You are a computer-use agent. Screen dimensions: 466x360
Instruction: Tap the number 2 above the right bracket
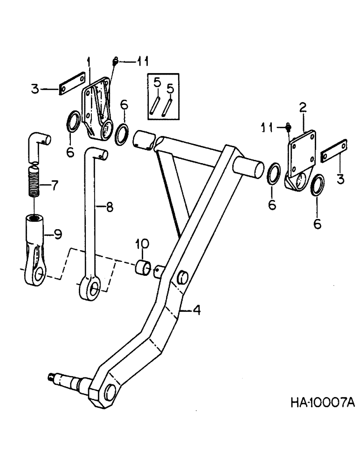click(x=303, y=108)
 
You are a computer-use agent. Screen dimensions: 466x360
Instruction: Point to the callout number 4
click(x=197, y=310)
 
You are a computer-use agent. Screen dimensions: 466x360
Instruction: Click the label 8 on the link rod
click(x=109, y=208)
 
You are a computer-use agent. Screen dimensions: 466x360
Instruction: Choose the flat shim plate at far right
click(x=335, y=150)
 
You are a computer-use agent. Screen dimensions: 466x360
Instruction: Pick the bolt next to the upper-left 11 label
click(x=116, y=61)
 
